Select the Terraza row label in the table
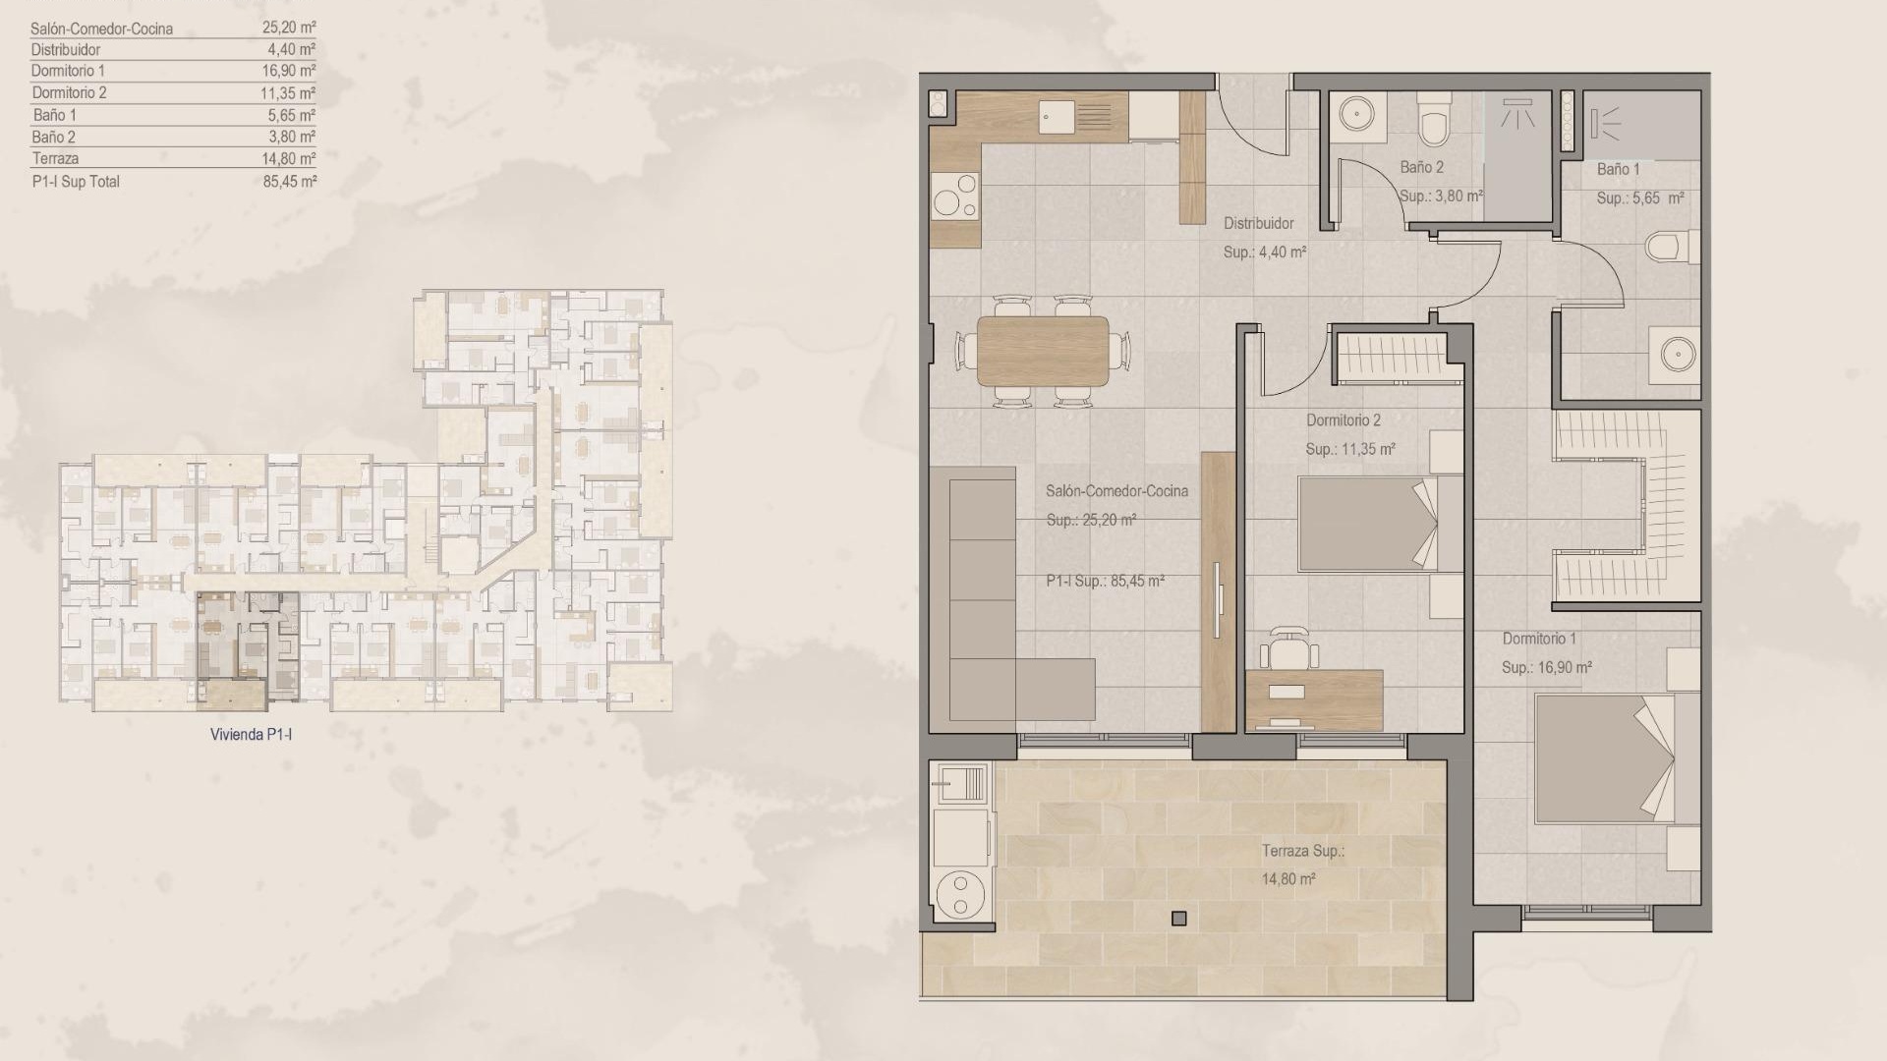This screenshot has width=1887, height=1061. (x=55, y=158)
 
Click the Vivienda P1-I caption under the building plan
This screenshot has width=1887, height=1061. (x=251, y=734)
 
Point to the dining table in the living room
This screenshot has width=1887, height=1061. (x=1043, y=350)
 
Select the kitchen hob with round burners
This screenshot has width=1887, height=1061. (x=954, y=195)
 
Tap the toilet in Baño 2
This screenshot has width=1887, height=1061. (x=1434, y=121)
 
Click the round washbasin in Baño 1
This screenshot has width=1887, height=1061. (x=1674, y=352)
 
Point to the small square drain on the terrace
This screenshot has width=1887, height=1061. (x=1178, y=919)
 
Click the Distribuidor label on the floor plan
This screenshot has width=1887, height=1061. (x=1258, y=223)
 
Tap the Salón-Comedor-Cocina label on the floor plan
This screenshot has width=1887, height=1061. (x=1116, y=490)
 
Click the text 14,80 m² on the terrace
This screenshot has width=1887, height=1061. (x=1287, y=879)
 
